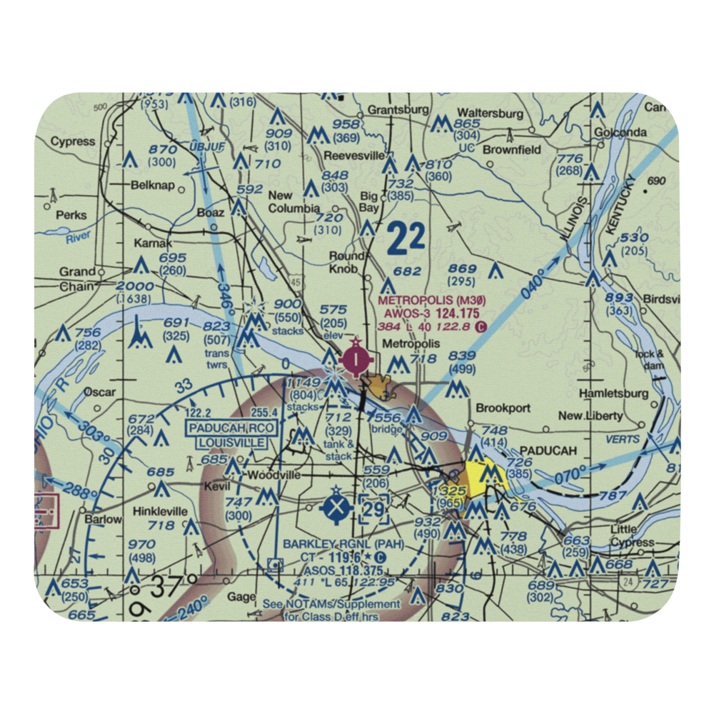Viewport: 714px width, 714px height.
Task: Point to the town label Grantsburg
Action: pyautogui.click(x=398, y=110)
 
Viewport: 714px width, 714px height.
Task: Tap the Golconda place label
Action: pyautogui.click(x=623, y=132)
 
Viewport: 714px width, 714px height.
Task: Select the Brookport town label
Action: pyautogui.click(x=503, y=408)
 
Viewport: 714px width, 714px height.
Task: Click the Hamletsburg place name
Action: pyautogui.click(x=613, y=393)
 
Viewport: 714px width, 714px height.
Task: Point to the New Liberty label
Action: pyautogui.click(x=590, y=416)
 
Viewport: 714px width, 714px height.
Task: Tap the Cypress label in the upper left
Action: pyautogui.click(x=72, y=141)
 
